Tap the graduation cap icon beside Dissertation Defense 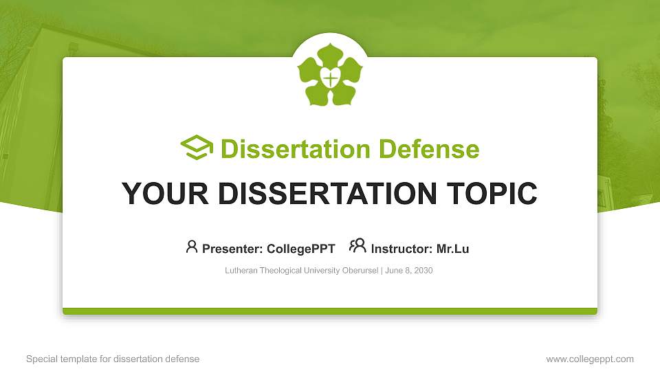[197, 148]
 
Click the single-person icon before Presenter [192, 247]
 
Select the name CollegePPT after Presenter [301, 249]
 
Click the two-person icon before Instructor [357, 246]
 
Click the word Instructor [401, 249]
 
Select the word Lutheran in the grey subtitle [241, 271]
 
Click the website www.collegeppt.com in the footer [590, 359]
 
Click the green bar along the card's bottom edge [330, 311]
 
